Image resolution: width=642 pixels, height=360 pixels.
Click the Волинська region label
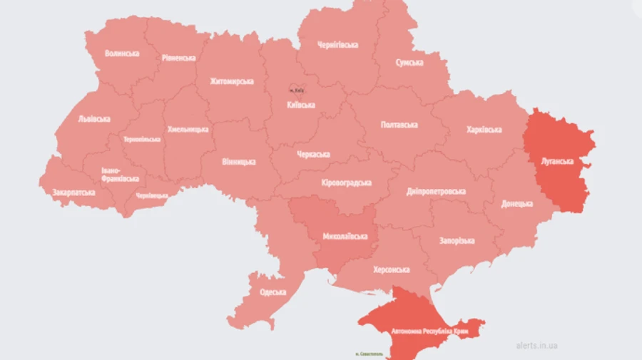point(122,53)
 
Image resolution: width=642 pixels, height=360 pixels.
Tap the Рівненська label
point(178,58)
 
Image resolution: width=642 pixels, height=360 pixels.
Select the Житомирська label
point(232,81)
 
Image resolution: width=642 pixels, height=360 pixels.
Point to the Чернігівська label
point(339,45)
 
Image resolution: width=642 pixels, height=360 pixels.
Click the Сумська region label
point(409,63)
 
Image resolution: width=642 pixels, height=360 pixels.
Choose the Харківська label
point(484,130)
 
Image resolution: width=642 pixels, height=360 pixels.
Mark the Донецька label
point(517,204)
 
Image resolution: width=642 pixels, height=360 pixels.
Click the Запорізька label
point(457,241)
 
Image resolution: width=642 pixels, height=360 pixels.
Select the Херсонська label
point(391,270)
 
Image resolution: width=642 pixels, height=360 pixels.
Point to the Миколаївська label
point(345,236)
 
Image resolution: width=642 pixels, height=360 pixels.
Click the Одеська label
point(272,292)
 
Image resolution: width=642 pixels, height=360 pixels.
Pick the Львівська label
point(94,119)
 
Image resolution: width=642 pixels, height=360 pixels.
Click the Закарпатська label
point(73,192)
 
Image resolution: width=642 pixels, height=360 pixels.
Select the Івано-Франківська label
point(121,175)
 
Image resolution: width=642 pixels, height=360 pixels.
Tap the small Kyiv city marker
point(296,90)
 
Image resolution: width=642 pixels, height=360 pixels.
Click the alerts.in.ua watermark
point(536,346)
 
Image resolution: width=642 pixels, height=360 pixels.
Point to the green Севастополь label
point(369,354)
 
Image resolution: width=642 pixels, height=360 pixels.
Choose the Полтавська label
point(399,125)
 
